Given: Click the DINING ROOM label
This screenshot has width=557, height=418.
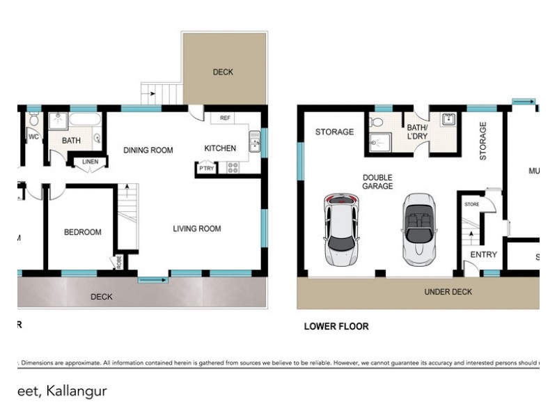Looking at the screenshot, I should point(148,150).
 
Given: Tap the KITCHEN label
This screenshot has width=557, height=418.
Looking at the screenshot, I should point(220,148).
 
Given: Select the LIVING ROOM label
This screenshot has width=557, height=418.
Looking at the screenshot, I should point(197,229).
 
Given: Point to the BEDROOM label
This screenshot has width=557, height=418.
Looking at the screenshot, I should point(83,232).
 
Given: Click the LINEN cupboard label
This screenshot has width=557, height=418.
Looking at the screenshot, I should point(91,162).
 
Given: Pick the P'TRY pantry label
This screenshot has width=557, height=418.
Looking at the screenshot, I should point(206,169).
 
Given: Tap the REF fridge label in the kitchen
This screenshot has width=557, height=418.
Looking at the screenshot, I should point(225,118).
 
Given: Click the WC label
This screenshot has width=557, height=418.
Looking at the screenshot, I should point(33,137).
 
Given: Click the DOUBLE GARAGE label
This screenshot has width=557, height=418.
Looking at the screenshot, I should point(377,182).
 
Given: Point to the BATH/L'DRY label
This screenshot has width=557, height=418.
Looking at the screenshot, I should point(417,132).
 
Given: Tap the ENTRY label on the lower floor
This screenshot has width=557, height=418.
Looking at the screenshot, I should point(483,255).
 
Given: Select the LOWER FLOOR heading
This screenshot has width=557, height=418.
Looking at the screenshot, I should point(336,326).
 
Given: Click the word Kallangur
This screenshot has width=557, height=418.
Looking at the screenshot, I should point(77,391).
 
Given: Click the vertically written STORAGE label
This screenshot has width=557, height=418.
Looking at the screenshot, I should point(482,141).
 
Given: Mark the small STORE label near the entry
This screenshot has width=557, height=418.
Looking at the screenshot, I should point(472,205).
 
